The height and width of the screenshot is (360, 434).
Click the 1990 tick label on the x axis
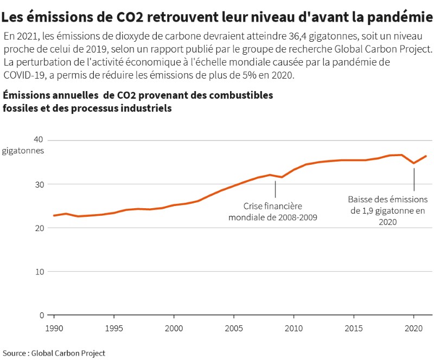pyautogui.click(x=54, y=329)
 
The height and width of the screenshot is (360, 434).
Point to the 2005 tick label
pyautogui.click(x=234, y=329)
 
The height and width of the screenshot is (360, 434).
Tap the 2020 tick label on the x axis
pyautogui.click(x=413, y=329)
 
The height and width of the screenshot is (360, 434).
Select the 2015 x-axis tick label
pyautogui.click(x=354, y=329)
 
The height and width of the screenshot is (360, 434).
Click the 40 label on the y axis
pyautogui.click(x=38, y=140)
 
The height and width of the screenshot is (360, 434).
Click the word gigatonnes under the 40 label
pyautogui.click(x=22, y=151)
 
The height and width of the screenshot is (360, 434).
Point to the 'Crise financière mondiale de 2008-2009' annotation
pyautogui.click(x=272, y=212)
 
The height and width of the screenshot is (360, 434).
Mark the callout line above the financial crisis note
pyautogui.click(x=275, y=189)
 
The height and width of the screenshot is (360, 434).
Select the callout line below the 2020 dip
pyautogui.click(x=414, y=179)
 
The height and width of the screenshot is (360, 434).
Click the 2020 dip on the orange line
pyautogui.click(x=414, y=163)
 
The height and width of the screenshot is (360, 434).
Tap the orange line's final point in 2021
pyautogui.click(x=426, y=156)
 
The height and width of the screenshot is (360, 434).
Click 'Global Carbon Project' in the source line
pyautogui.click(x=68, y=353)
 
